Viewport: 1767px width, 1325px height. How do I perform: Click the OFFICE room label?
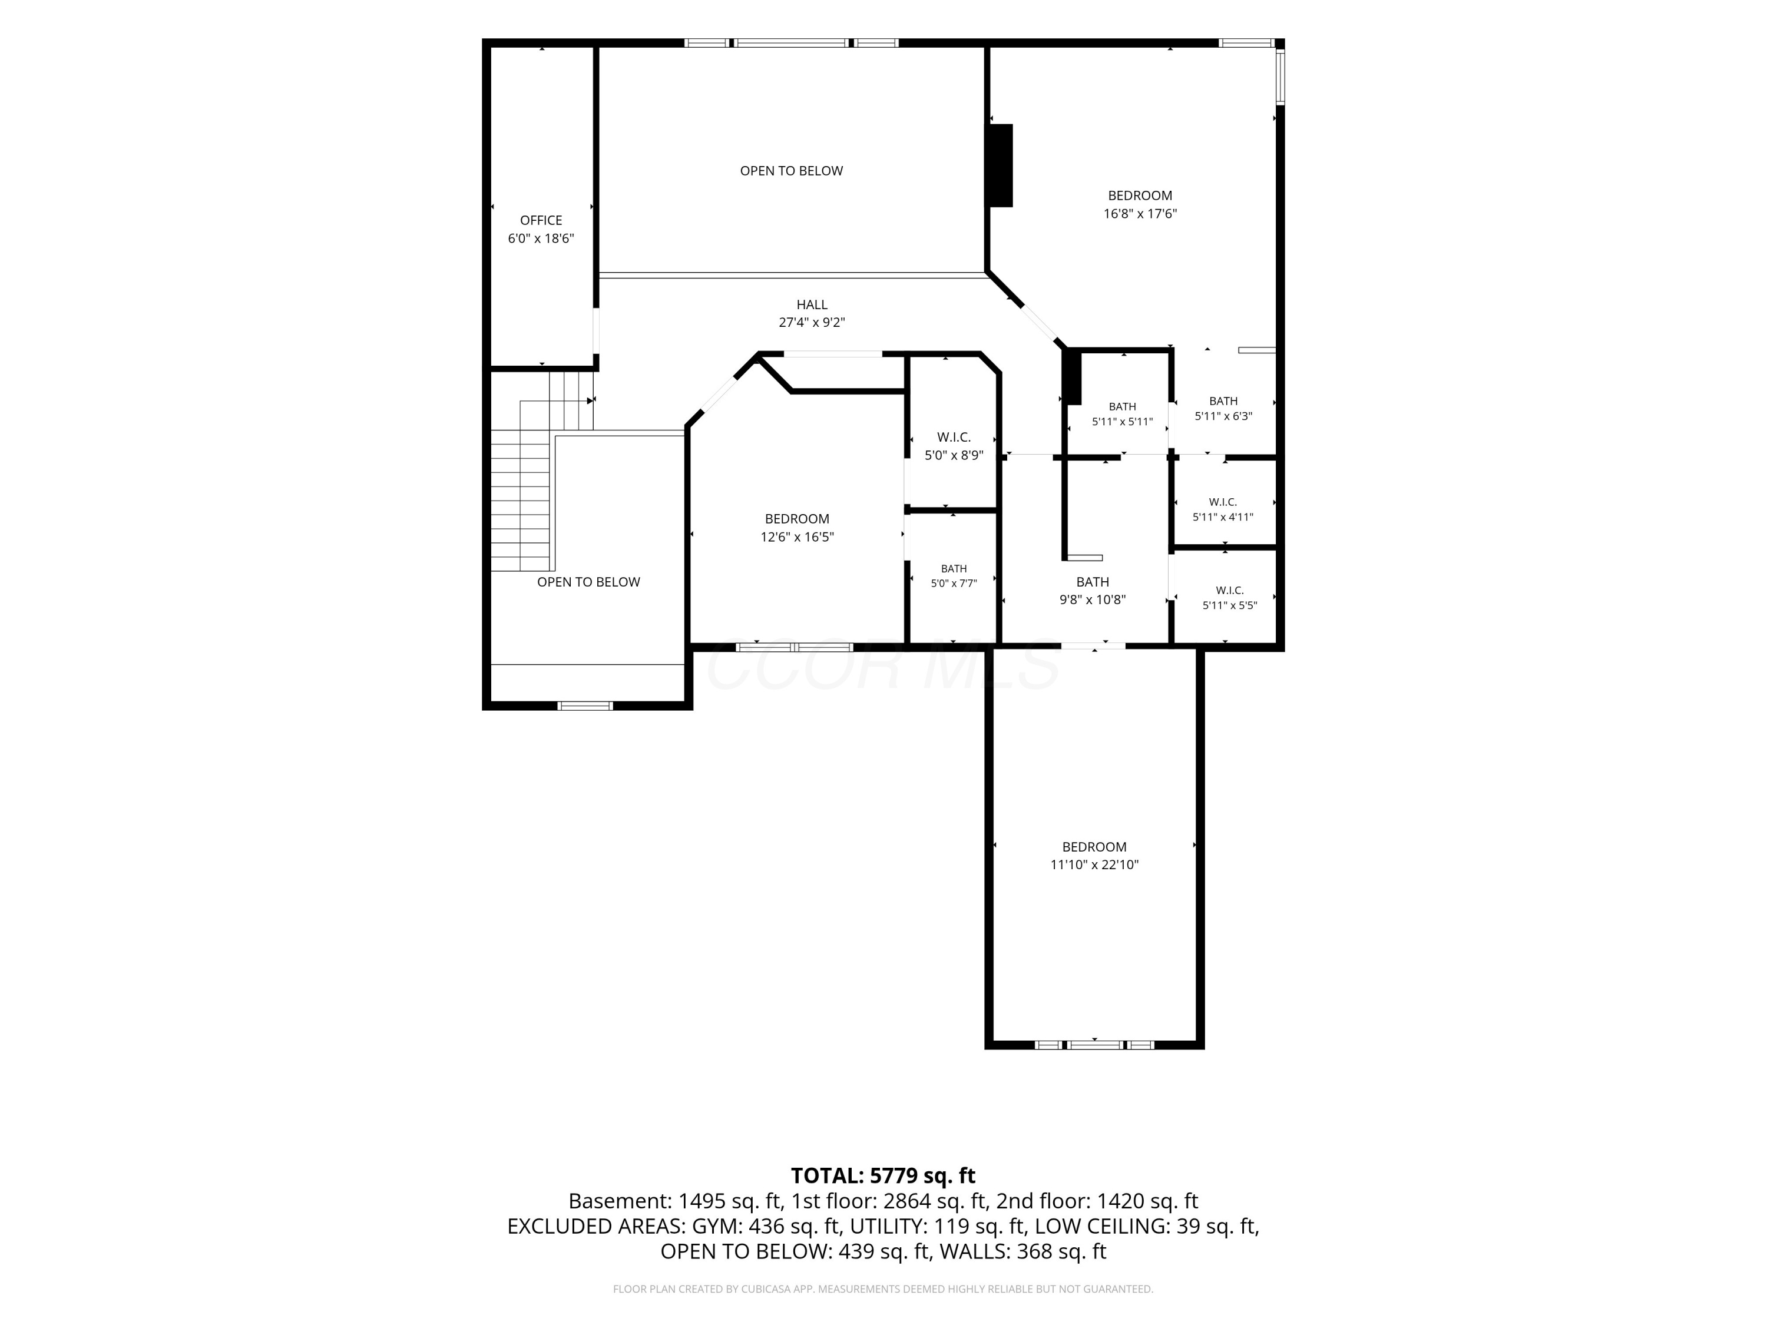[541, 220]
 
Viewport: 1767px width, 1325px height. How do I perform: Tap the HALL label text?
[812, 304]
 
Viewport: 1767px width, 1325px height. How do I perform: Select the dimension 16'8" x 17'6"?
[1140, 213]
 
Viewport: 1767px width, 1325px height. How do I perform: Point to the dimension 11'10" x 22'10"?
[1094, 864]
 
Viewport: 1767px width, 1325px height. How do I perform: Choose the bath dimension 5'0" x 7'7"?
[954, 584]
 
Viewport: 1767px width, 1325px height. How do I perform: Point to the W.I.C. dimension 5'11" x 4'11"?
[1223, 516]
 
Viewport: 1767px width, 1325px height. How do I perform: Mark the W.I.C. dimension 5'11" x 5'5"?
[1229, 605]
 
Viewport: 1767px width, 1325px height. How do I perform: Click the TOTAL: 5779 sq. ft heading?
[883, 1175]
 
